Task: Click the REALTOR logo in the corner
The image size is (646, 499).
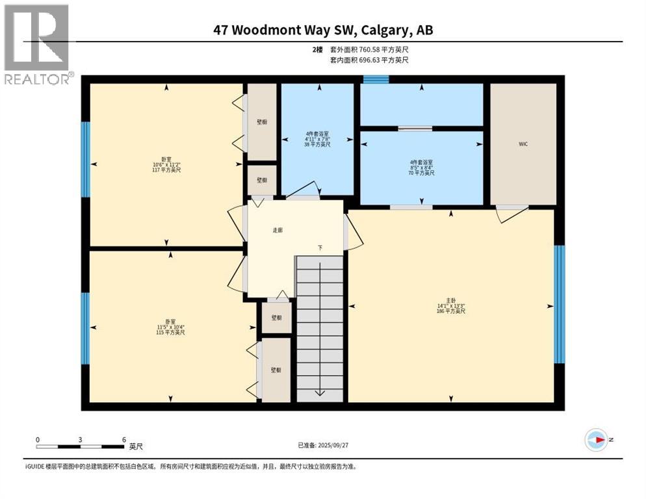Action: [37, 44]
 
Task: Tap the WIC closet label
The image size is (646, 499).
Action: [523, 144]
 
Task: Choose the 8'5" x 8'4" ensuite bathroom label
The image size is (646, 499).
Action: [422, 167]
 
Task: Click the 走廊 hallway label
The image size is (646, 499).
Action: [278, 230]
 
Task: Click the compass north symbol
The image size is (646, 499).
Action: [595, 440]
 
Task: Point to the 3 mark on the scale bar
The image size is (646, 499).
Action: [81, 439]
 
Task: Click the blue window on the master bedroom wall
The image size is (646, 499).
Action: [560, 305]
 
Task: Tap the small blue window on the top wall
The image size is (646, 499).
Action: [376, 80]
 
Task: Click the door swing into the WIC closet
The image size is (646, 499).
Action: [510, 213]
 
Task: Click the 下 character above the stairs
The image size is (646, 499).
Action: [320, 248]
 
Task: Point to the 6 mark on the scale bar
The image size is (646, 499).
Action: [123, 439]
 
